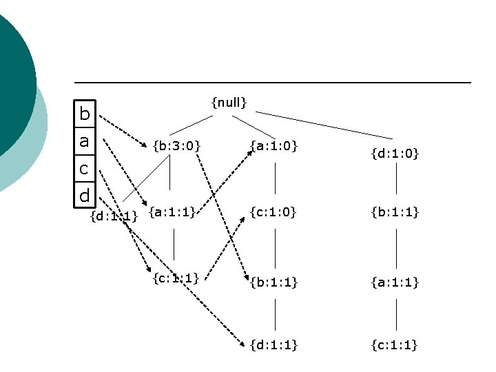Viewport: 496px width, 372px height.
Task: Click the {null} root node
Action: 229,103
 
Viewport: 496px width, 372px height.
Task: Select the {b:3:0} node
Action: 176,145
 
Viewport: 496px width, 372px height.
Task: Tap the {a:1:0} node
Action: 273,145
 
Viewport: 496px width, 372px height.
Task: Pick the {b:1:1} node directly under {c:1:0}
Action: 273,282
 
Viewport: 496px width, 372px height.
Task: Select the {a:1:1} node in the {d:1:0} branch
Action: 395,282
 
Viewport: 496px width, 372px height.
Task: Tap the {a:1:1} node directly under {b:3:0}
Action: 172,213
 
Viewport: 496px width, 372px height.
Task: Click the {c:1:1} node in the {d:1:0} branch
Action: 395,344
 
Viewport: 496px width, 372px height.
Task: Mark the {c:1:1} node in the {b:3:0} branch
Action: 175,278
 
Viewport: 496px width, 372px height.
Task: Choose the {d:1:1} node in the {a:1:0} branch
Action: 273,344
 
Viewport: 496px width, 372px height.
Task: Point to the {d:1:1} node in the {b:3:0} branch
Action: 114,218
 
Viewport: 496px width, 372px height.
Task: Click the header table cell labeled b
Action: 84,114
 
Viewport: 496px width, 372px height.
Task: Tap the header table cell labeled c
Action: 84,168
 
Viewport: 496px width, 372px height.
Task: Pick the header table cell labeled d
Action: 84,196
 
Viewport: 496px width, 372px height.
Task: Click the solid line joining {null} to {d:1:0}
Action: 324,124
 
